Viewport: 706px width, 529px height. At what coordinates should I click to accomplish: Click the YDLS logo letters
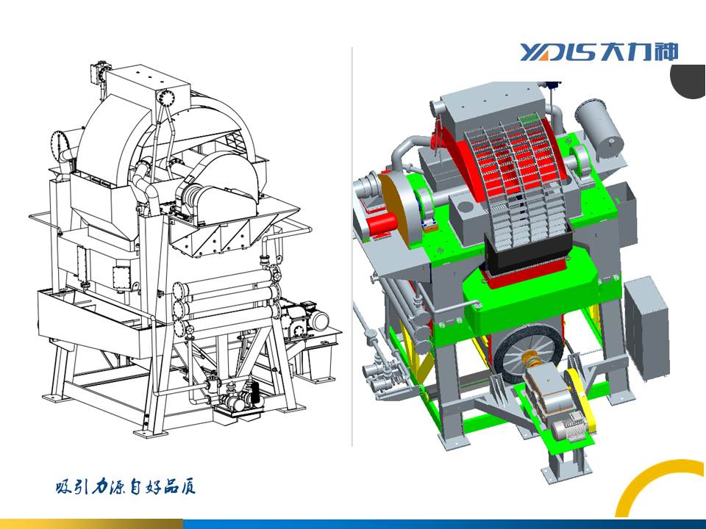coord(560,52)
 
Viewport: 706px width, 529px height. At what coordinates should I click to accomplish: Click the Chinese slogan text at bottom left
coord(126,486)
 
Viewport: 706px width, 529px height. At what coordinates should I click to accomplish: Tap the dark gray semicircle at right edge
coord(689,81)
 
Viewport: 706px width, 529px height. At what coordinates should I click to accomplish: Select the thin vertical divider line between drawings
coord(352,247)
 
